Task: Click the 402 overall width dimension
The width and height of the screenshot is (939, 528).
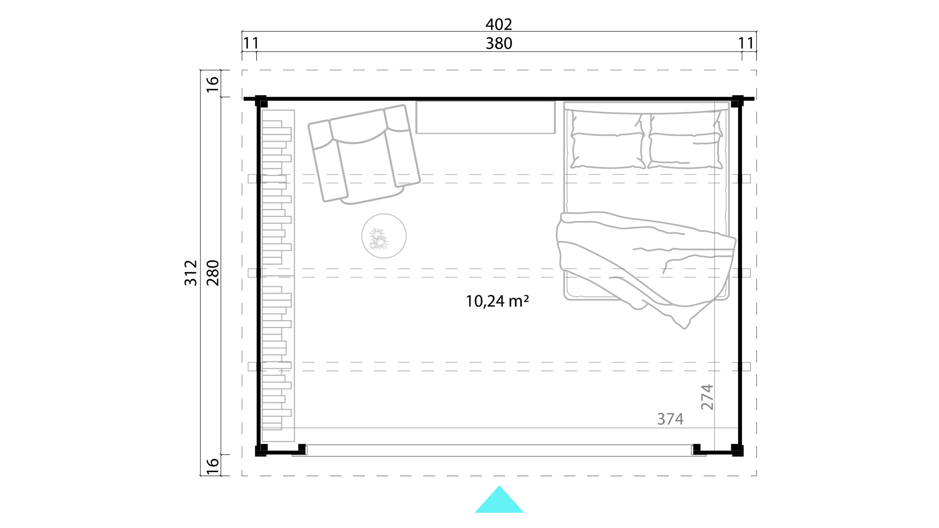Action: (498, 25)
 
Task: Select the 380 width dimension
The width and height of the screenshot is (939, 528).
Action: (499, 44)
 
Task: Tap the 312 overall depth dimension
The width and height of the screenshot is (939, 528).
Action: (191, 273)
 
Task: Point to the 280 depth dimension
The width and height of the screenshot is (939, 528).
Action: (213, 273)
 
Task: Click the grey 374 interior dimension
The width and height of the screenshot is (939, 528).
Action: (670, 419)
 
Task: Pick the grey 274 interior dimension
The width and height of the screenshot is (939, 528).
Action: (707, 397)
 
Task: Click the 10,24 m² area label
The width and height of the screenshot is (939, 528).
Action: (497, 301)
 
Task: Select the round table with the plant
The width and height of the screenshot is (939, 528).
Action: (384, 236)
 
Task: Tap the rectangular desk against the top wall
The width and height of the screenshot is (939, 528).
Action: (485, 117)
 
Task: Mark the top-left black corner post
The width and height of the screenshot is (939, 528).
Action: (261, 101)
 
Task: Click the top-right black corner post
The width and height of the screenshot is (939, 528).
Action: (737, 101)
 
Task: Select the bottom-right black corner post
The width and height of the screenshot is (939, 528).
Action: (737, 450)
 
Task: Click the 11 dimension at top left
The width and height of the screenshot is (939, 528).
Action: (251, 44)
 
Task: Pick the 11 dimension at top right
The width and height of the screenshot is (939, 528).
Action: (746, 44)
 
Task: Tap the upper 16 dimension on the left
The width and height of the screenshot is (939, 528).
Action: (213, 85)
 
